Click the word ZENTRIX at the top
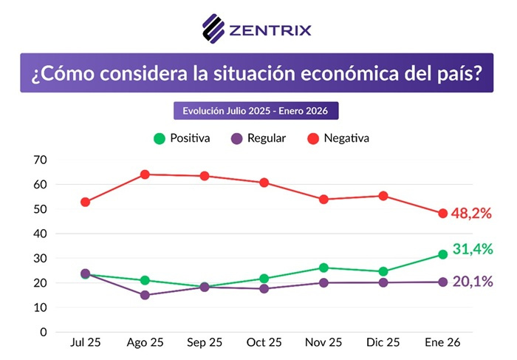coord(270,30)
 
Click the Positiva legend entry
coord(181,137)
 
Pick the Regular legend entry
coord(258,137)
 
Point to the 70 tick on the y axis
coord(40,160)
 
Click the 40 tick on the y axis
coord(40,234)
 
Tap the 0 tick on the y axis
coord(44,332)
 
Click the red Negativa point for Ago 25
coord(145,174)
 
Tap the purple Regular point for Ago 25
coord(145,295)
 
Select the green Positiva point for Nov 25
coord(323,268)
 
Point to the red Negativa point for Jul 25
coord(86,202)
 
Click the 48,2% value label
coord(472,213)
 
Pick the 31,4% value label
coord(472,249)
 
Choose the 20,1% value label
coord(472,282)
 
